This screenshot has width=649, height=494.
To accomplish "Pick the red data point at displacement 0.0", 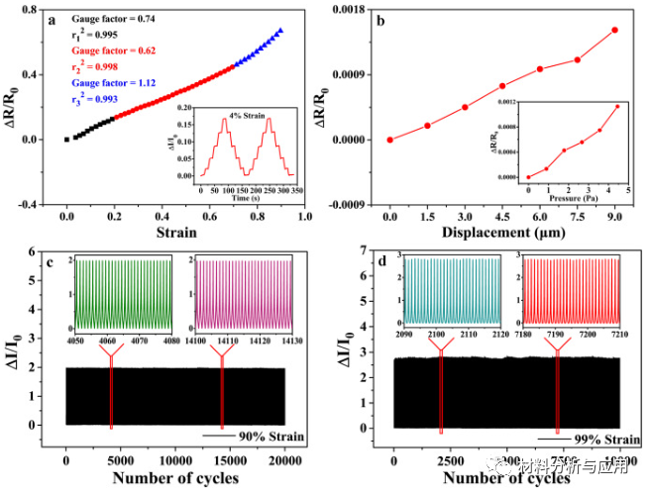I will pyautogui.click(x=390, y=140).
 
